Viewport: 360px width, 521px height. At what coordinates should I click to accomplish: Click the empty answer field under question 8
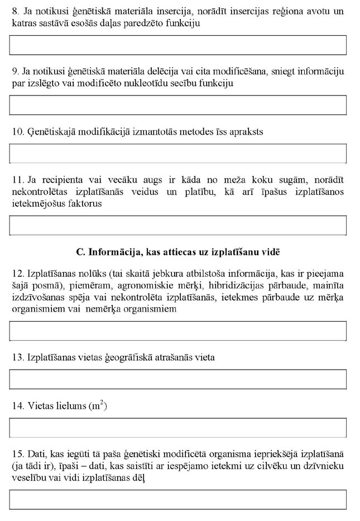178,45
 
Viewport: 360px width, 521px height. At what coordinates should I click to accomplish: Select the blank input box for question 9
178,105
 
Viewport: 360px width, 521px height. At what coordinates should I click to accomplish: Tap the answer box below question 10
178,153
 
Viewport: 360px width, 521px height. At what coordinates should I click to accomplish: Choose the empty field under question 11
178,225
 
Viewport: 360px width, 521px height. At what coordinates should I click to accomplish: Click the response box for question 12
178,331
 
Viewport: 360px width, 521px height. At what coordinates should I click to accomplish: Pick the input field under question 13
178,379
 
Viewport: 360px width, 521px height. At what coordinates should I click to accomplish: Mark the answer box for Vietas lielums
178,428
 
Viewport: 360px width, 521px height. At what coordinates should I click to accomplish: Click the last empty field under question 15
178,499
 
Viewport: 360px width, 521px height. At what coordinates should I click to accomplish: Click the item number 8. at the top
15,11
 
